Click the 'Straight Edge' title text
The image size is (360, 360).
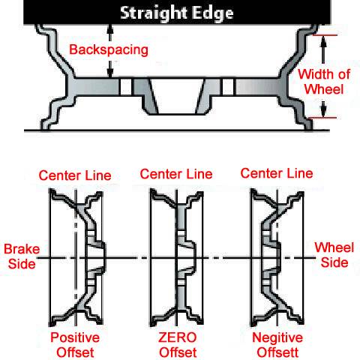(x=177, y=13)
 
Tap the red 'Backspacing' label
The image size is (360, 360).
(x=109, y=49)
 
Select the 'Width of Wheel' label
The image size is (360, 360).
(x=324, y=82)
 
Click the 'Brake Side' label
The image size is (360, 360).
(x=22, y=256)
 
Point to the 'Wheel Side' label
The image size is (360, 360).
(x=334, y=255)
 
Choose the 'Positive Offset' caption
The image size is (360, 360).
(x=75, y=345)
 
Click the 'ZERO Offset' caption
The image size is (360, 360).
(x=178, y=345)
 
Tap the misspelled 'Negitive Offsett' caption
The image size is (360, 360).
(x=277, y=345)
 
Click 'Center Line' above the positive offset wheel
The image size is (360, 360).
(x=75, y=175)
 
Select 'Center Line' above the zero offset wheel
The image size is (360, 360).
(x=176, y=174)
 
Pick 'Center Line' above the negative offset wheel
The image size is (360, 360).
(x=277, y=173)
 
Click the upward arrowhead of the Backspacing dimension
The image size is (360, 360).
(x=110, y=29)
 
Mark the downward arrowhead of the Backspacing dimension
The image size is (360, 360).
(x=110, y=72)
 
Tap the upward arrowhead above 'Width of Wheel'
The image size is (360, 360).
(x=323, y=40)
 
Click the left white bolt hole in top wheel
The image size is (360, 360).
(x=125, y=86)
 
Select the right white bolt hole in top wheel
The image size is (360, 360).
(x=228, y=86)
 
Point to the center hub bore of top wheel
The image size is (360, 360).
(x=177, y=96)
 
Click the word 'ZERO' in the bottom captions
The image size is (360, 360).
(x=178, y=337)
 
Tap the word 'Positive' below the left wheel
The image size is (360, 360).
(x=75, y=337)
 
